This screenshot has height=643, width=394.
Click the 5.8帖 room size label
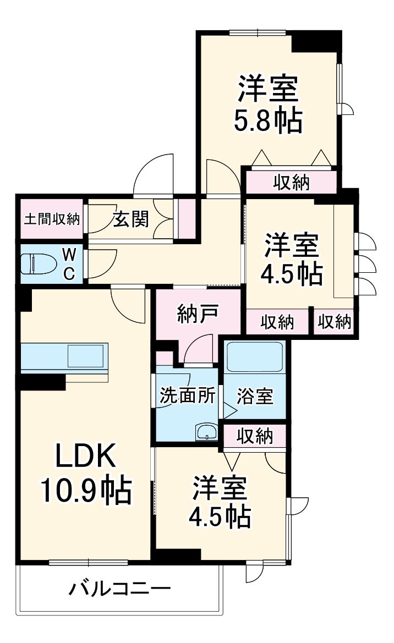[269, 122]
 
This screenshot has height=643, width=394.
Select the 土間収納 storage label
[52, 219]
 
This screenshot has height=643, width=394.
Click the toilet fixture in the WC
[39, 265]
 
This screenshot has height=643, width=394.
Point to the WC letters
[68, 264]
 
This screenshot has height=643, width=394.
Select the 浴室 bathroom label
[255, 396]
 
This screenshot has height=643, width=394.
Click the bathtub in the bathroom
[254, 357]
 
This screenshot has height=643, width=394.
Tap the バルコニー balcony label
[119, 590]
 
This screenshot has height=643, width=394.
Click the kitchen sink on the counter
[85, 356]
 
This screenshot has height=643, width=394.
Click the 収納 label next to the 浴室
[255, 436]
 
